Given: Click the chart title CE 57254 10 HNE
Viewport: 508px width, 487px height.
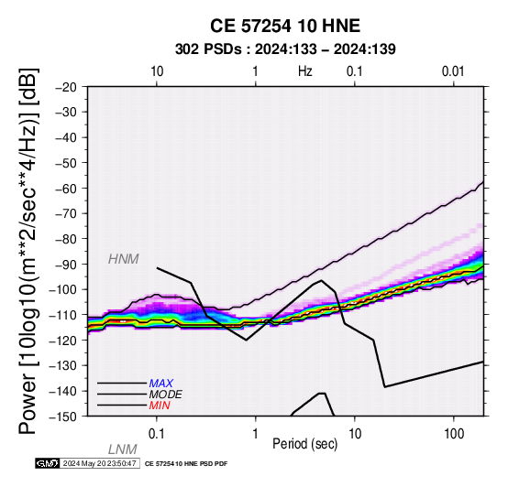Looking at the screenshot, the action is (x=285, y=26).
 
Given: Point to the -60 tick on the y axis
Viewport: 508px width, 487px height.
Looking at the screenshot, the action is (x=67, y=189).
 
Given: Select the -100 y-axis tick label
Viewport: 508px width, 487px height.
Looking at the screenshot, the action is (x=64, y=290).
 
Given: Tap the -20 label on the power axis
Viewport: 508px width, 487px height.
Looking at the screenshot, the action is (x=67, y=87).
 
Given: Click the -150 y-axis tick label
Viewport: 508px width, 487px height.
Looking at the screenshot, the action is (x=64, y=417).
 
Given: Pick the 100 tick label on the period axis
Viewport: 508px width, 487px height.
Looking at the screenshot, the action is (x=454, y=434).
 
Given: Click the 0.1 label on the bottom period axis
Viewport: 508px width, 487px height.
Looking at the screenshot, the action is (x=157, y=434).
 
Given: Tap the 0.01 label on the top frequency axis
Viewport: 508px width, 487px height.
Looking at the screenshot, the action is (x=453, y=71).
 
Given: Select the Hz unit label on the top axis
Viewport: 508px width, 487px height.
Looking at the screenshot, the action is (x=304, y=71).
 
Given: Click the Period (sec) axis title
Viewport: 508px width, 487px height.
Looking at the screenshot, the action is (x=304, y=444).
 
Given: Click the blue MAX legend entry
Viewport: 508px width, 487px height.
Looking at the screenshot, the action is (x=161, y=384).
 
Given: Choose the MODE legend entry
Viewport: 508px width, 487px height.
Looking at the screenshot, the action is (x=166, y=395).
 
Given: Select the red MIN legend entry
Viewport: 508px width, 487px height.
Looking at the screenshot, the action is (x=160, y=406).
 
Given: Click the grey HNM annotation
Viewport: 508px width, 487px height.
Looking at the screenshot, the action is (x=124, y=259).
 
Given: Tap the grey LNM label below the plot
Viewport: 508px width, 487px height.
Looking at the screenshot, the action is (x=123, y=449).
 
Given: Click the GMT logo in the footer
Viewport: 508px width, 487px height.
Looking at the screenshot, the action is (x=48, y=463).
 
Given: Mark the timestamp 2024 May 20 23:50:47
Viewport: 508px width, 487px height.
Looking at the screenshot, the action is (x=100, y=463).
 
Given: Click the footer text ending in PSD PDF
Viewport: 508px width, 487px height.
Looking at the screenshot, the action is (x=186, y=464).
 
